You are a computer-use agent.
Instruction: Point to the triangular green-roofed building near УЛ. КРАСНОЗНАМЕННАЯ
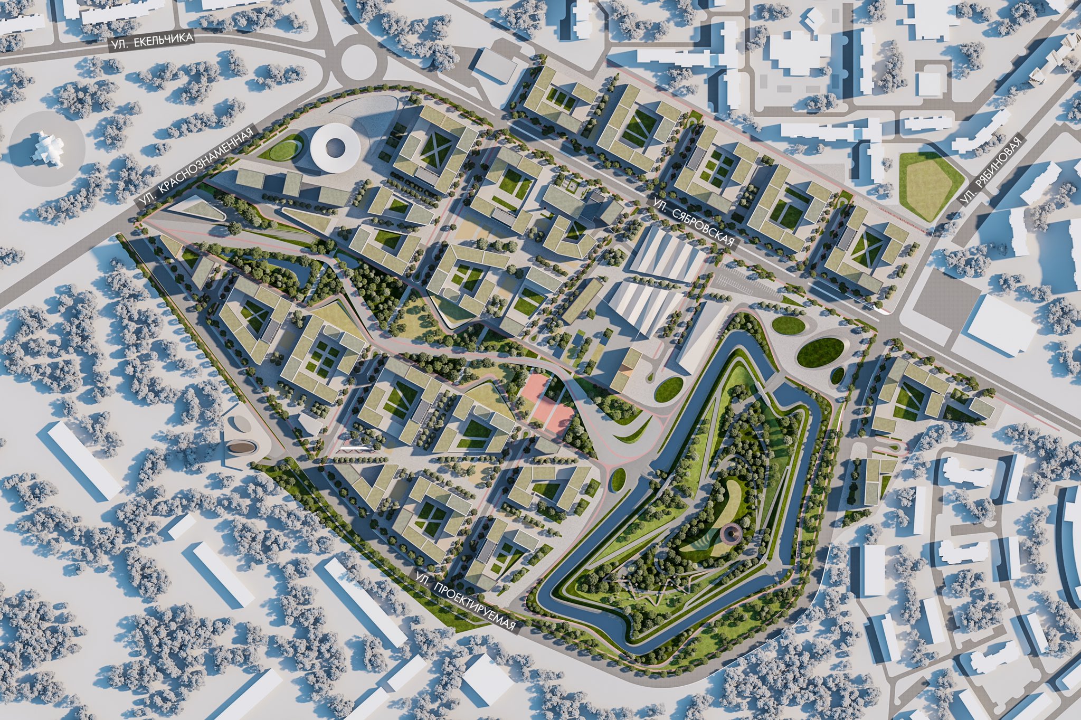click(194, 210)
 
